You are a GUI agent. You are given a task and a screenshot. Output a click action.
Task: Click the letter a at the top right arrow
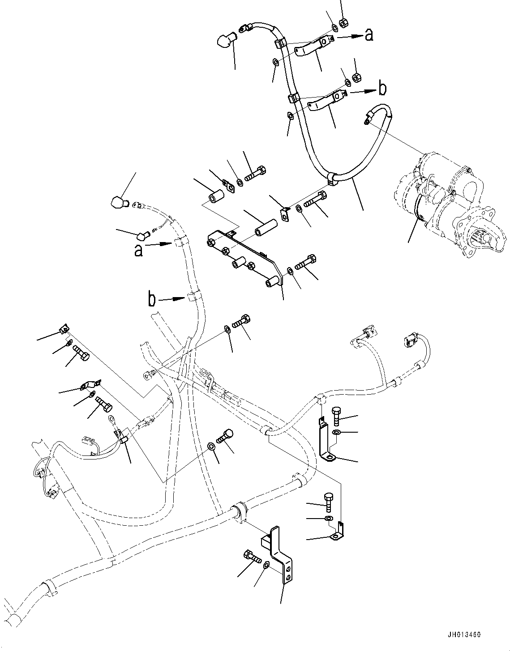tap(369, 35)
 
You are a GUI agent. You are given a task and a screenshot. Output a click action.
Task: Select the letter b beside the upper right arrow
tap(381, 89)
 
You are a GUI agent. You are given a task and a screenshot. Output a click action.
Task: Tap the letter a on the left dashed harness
tap(138, 251)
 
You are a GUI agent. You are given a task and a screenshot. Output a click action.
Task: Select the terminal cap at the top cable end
tap(224, 42)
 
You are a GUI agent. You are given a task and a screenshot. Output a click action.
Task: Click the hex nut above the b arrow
tap(357, 77)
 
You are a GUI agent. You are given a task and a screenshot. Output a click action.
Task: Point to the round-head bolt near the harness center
tap(227, 435)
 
